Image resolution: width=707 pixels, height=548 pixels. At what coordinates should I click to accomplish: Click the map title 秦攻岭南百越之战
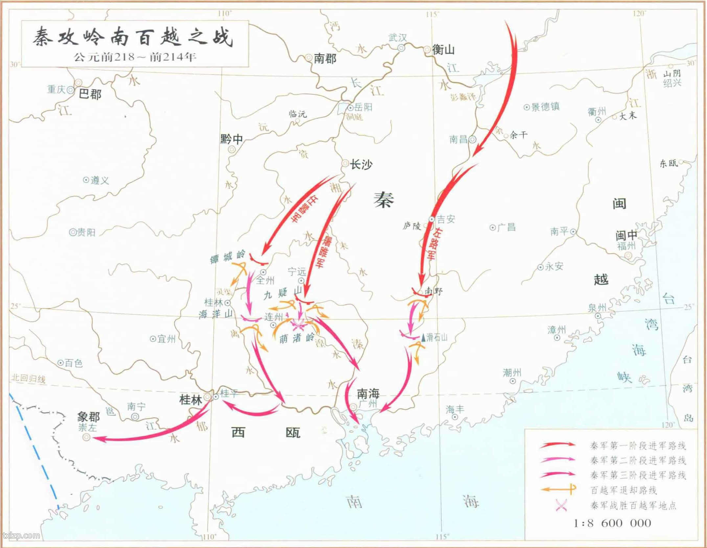point(133,37)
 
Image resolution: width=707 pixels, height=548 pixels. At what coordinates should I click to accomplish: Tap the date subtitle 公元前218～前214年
point(135,57)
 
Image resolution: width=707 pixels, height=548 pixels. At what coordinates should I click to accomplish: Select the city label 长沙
point(361,164)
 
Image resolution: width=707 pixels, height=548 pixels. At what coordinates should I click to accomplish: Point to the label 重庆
point(56,89)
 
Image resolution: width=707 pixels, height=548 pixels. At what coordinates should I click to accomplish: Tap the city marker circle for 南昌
point(472,139)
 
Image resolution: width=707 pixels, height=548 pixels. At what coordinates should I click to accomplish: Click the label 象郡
point(88,417)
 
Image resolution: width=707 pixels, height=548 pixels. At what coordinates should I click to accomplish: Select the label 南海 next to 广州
point(368,393)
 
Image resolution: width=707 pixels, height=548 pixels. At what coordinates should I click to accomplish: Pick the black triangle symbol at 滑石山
point(423,337)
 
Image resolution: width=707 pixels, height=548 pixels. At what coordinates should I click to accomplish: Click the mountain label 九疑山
point(283,292)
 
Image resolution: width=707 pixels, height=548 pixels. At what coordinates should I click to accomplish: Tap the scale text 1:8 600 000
point(612,523)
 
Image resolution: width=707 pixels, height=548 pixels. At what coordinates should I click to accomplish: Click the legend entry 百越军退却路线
point(623,490)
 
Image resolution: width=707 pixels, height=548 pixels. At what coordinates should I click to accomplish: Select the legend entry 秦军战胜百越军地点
point(633,505)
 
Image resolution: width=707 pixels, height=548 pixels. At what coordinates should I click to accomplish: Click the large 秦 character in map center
point(383,200)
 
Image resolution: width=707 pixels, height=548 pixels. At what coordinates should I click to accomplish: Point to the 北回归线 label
point(28,379)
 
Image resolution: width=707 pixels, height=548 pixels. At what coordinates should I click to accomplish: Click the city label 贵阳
point(86,233)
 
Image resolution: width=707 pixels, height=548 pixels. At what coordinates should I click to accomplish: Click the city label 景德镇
point(545,107)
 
